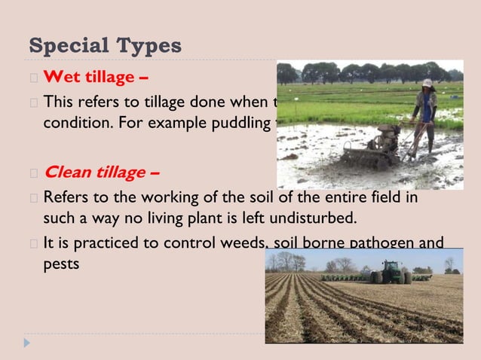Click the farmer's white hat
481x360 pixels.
[x=427, y=83]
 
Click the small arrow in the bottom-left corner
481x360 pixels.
[x=27, y=343]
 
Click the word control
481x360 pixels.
[x=182, y=243]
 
